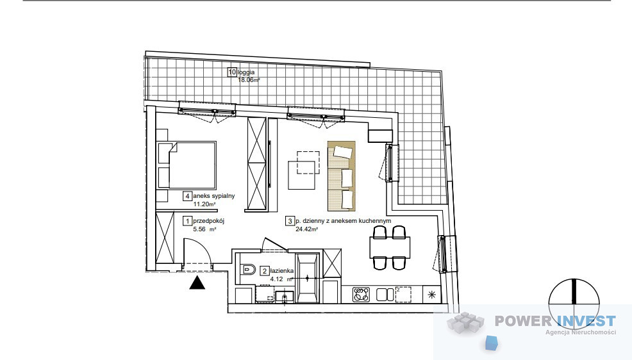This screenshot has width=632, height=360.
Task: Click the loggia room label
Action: (246, 72)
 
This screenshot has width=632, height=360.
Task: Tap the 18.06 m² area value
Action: (248, 79)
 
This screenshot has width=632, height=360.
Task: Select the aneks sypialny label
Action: (213, 196)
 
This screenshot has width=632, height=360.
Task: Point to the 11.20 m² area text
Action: (204, 204)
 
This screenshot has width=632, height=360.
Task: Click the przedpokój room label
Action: (208, 220)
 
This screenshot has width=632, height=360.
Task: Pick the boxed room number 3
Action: (290, 221)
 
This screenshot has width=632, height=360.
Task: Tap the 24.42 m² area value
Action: (307, 229)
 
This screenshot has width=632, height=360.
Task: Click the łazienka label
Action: (282, 271)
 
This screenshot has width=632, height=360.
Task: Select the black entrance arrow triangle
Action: (197, 284)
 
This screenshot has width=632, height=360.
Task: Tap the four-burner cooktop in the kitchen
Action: (361, 295)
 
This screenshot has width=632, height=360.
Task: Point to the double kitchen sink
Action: (385, 295)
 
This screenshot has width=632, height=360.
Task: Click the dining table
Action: (390, 248)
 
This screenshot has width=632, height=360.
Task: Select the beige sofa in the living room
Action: (342, 176)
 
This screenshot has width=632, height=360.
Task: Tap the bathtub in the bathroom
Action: (308, 278)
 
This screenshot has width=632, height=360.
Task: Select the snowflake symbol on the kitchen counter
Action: (433, 295)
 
